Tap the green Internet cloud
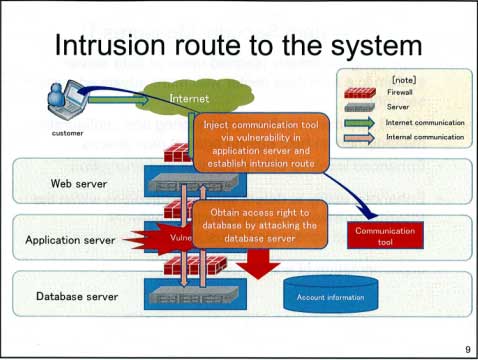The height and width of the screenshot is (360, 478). coord(189,99)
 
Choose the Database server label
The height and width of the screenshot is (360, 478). coord(76,296)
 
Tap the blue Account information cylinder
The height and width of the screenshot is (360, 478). coord(330,296)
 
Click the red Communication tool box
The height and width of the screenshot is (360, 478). coord(384,236)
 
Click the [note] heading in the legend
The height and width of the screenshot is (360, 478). coord(406,77)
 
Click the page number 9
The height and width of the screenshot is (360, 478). coord(467,348)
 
